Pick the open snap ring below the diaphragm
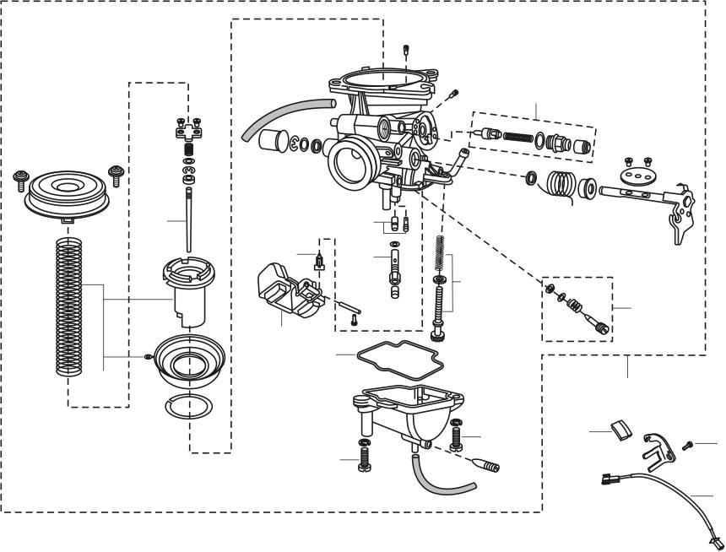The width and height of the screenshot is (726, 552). (190, 407)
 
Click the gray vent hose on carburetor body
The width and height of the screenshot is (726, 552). (284, 116)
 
